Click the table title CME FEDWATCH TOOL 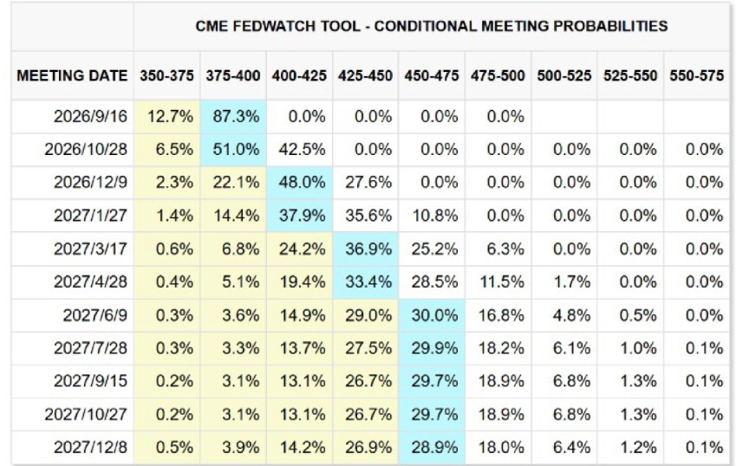277,26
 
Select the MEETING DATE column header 72,75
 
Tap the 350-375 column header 166,75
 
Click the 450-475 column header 432,75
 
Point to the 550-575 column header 696,75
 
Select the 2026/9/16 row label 90,116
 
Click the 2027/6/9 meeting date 95,315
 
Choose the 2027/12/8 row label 90,448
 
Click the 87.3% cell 236,116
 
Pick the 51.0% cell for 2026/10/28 236,150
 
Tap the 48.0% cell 302,183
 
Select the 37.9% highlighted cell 302,216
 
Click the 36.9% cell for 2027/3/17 368,249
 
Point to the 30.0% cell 434,315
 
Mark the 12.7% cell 170,116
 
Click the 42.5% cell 302,150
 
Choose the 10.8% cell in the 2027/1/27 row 434,216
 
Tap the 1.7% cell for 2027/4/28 572,282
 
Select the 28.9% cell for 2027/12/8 434,448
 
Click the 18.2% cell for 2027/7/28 501,348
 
